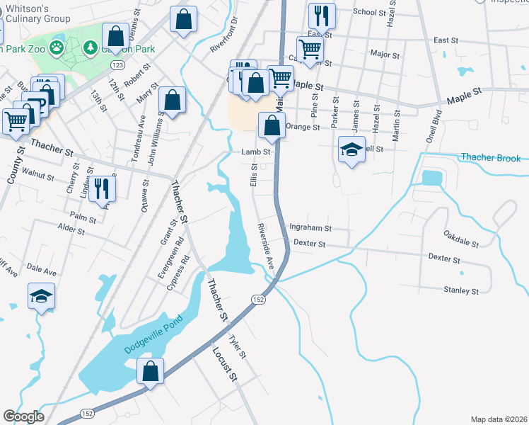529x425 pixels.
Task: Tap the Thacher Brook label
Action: pyautogui.click(x=490, y=157)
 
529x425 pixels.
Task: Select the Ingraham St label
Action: pyautogui.click(x=310, y=228)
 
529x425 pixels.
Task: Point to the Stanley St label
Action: pyautogui.click(x=460, y=290)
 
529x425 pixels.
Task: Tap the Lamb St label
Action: pyautogui.click(x=256, y=152)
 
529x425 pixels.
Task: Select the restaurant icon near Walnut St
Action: pyautogui.click(x=102, y=188)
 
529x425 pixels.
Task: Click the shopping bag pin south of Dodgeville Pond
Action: pyautogui.click(x=150, y=370)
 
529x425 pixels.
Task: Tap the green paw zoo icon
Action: pyautogui.click(x=56, y=48)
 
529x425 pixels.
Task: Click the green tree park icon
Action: pyautogui.click(x=91, y=48)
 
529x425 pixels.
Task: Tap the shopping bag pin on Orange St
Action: pyautogui.click(x=272, y=126)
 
